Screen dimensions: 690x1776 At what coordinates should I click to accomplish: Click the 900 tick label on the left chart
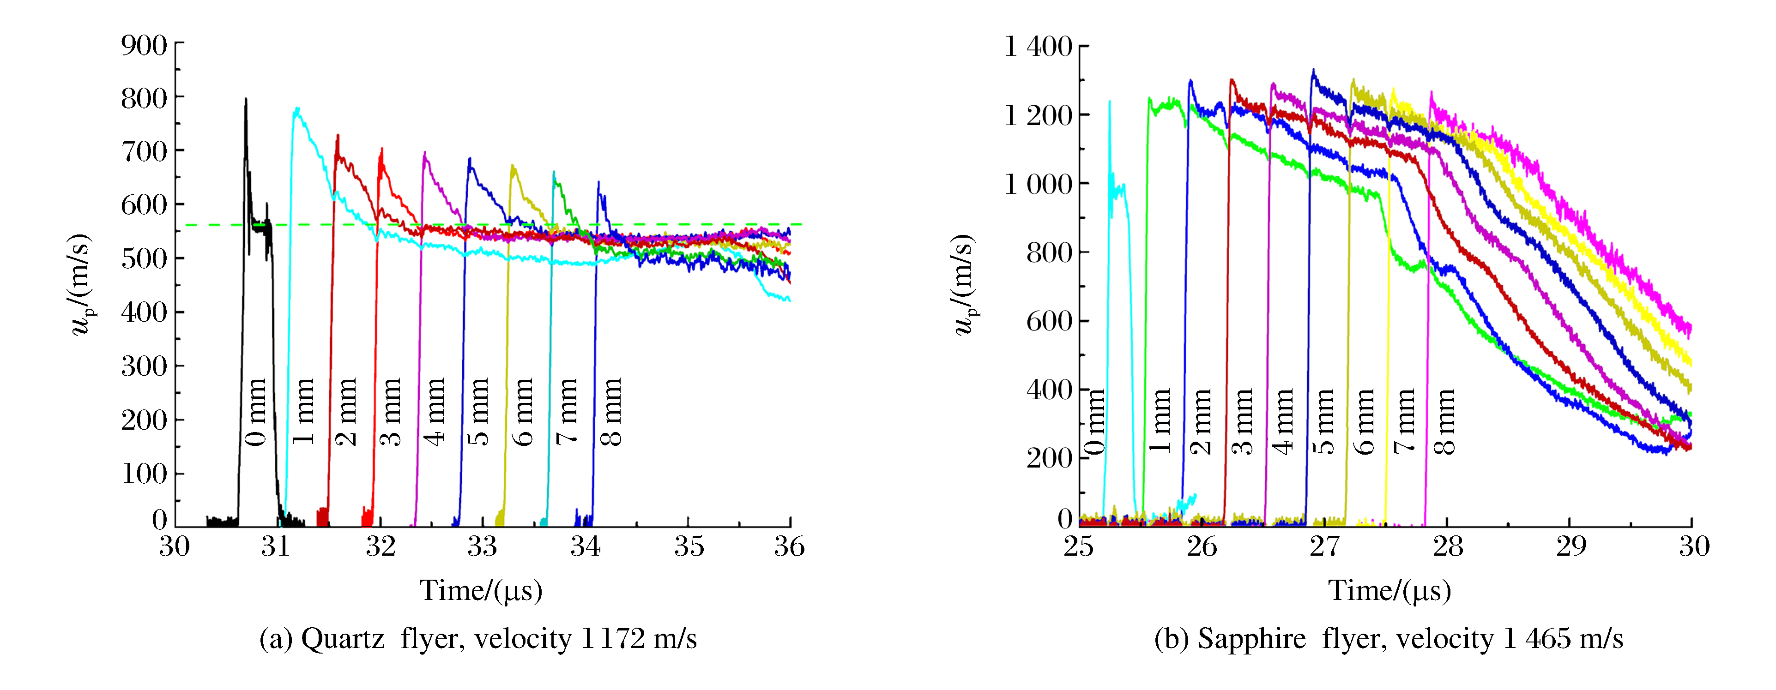pos(144,46)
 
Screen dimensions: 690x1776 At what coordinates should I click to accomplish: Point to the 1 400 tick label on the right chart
pos(1038,47)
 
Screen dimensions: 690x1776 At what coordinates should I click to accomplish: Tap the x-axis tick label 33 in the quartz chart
pos(482,546)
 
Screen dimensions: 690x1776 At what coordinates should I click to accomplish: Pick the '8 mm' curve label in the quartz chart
pos(611,412)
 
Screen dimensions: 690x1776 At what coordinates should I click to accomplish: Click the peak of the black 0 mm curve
pos(246,99)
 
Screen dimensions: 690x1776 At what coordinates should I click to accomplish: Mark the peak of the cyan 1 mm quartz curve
pos(296,108)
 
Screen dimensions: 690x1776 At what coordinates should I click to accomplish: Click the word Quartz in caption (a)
pos(343,639)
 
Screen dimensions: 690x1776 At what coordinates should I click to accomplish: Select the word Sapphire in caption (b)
pos(1251,639)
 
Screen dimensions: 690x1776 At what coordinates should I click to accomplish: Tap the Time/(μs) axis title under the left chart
pos(481,591)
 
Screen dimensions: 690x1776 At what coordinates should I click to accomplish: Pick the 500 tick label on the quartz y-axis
pos(144,259)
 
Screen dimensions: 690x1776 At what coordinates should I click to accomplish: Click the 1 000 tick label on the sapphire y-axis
pos(1038,185)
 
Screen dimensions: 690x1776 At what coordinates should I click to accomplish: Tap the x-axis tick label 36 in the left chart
pos(789,546)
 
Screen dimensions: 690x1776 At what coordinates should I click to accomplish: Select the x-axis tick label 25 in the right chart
pos(1079,546)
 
